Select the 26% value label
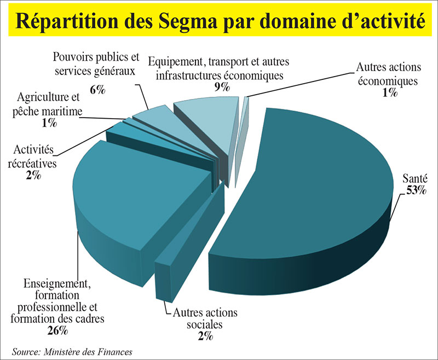click(x=57, y=330)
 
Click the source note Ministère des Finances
click(x=84, y=351)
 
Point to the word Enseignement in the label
click(x=57, y=284)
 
